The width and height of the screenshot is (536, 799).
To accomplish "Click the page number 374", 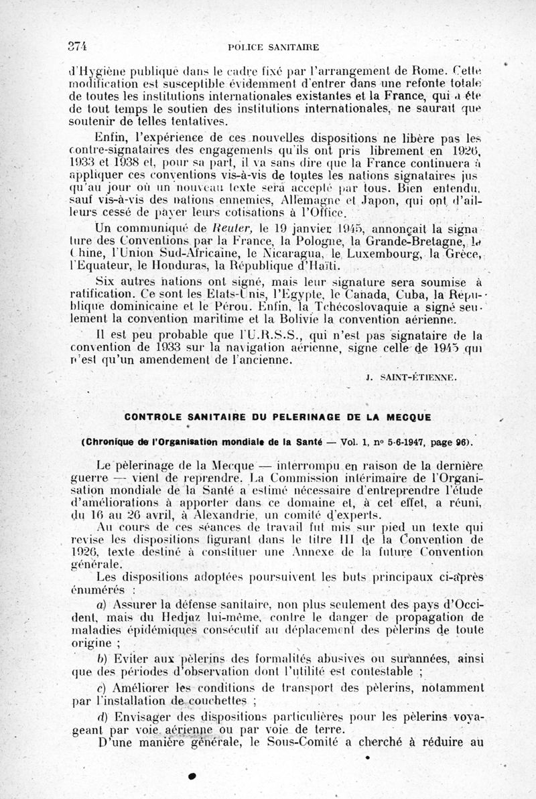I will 78,46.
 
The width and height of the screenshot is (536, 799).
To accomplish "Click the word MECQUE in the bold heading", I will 406,417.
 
